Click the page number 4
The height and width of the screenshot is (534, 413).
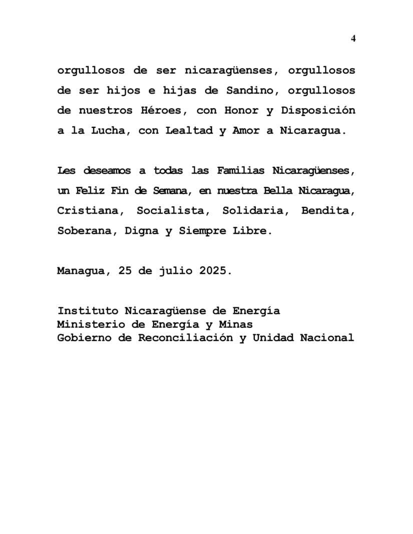coord(353,39)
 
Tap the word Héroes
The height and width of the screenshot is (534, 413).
coord(161,110)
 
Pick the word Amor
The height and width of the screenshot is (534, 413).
coord(245,130)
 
